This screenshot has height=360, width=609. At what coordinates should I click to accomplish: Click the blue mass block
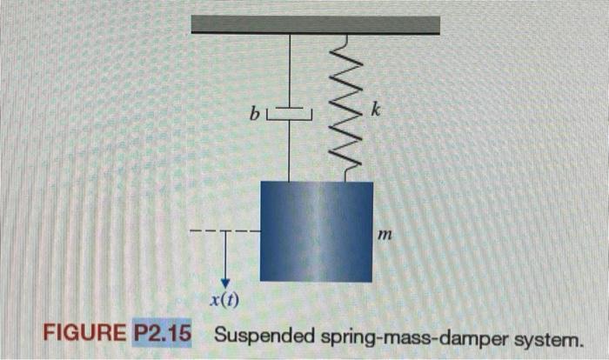point(316,230)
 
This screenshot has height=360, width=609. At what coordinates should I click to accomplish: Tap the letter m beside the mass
point(382,235)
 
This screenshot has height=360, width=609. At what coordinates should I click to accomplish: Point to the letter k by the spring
point(374,110)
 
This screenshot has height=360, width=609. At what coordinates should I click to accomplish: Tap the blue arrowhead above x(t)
point(224,282)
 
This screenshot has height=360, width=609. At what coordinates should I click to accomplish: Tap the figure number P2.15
point(162,334)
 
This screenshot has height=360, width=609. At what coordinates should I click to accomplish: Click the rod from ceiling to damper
point(289,70)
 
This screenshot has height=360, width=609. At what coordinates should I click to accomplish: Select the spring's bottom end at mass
point(345,177)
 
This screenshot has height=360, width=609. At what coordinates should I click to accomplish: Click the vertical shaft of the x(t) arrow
point(224,257)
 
